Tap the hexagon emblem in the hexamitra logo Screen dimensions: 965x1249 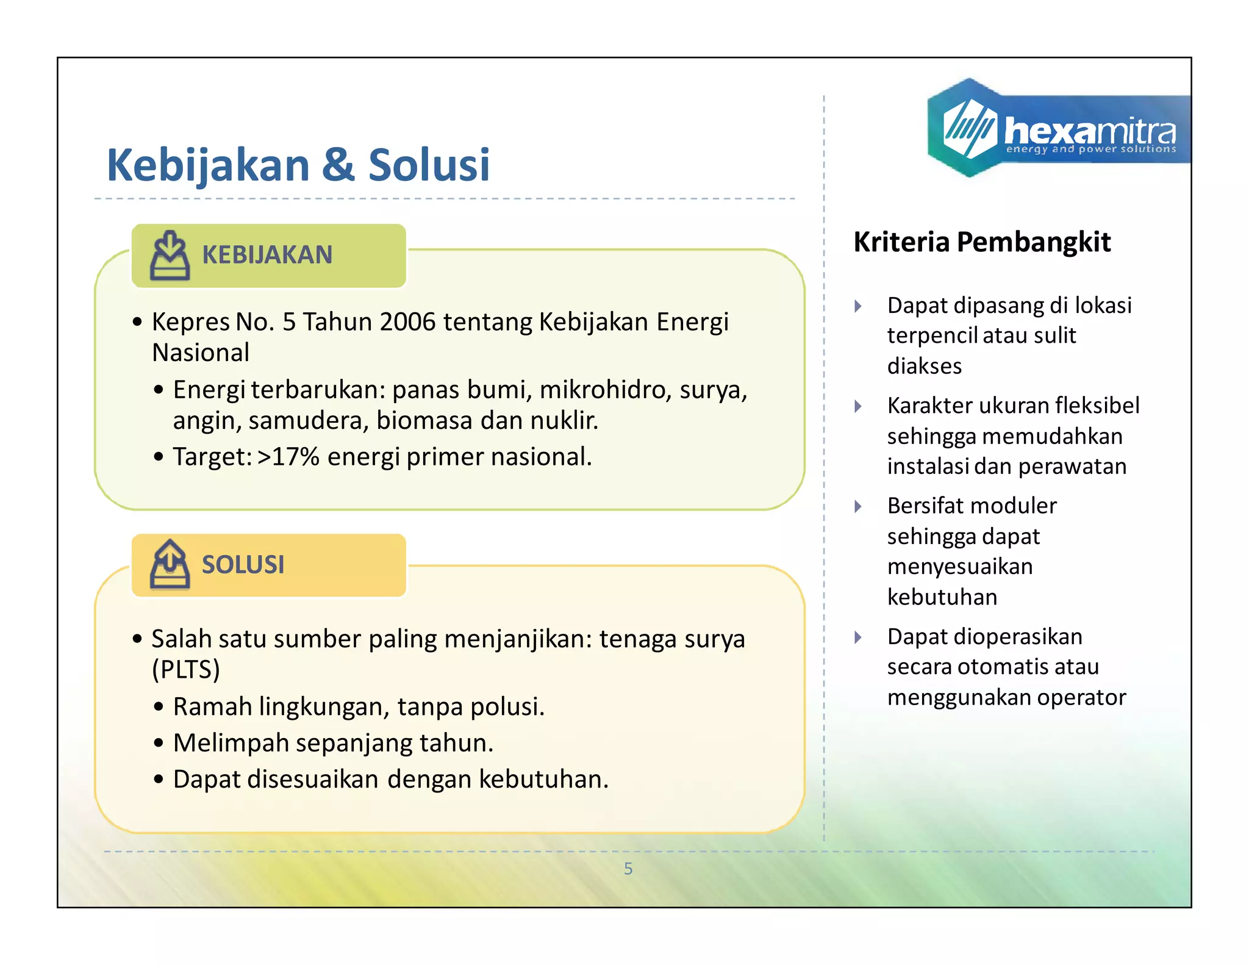[968, 128]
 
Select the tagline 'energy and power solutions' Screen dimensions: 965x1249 [1090, 149]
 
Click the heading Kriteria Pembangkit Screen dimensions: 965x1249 [982, 242]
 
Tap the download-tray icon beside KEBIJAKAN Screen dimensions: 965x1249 [170, 256]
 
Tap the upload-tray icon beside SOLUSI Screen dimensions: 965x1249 [170, 565]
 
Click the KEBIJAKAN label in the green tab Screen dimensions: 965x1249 [267, 255]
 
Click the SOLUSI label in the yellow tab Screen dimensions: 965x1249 [243, 565]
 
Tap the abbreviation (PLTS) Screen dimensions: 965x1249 [185, 670]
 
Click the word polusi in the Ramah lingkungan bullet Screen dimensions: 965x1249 [507, 707]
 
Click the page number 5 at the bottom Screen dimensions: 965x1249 [628, 869]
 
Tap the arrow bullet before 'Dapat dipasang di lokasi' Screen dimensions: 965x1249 [858, 306]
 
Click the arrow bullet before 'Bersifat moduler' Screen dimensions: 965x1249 [858, 506]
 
